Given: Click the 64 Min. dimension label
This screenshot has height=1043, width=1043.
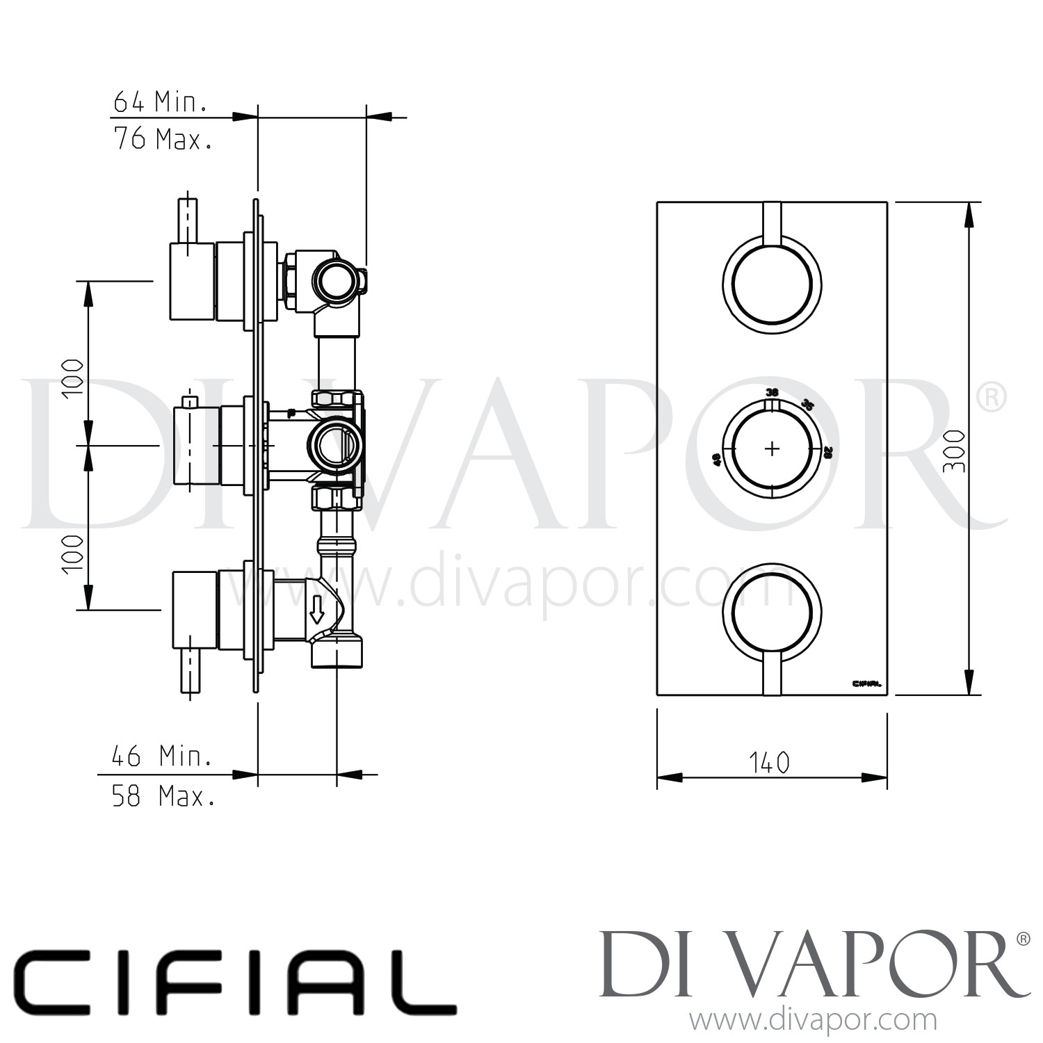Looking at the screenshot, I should [159, 103].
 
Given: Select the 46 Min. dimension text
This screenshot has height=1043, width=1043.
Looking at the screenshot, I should [161, 756].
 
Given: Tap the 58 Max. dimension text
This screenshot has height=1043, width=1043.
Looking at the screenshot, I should [163, 796].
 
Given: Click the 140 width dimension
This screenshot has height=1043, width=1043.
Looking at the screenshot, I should [770, 763].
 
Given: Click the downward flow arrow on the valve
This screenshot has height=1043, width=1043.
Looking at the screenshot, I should [317, 609].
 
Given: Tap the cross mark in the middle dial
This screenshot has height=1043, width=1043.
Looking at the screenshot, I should [772, 448].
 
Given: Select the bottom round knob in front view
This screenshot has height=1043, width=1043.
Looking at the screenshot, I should [772, 612].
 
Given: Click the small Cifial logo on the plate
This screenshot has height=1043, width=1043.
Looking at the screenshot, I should [866, 683].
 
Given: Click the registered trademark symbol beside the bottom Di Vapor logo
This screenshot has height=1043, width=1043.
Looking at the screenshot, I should [1023, 939].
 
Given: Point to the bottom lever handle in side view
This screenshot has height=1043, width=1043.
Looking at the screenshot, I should [186, 671].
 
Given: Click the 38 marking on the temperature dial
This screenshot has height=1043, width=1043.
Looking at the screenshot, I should [771, 392].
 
